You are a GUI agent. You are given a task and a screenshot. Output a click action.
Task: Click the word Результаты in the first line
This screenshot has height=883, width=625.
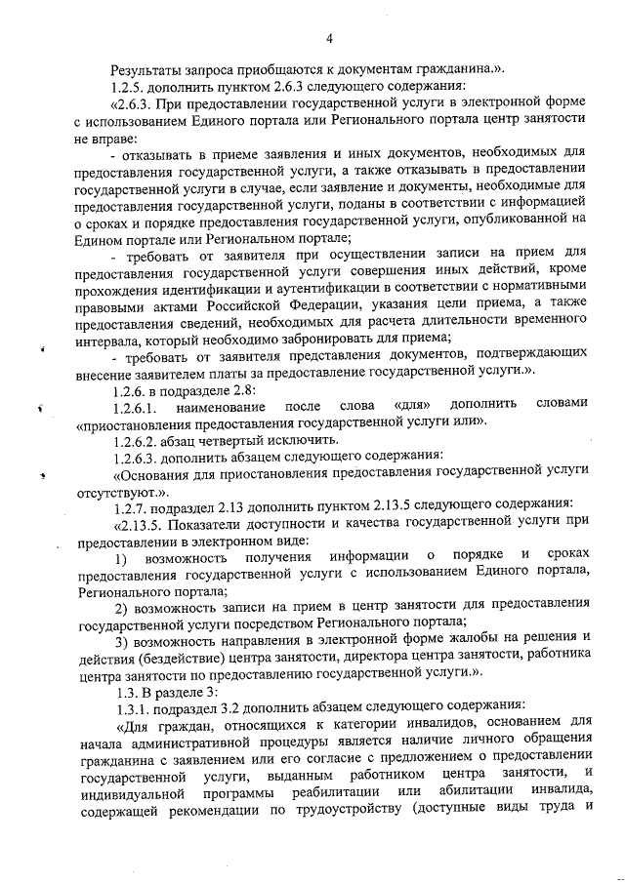point(147,71)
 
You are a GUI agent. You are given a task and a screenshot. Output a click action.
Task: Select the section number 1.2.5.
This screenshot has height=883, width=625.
point(132,88)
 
